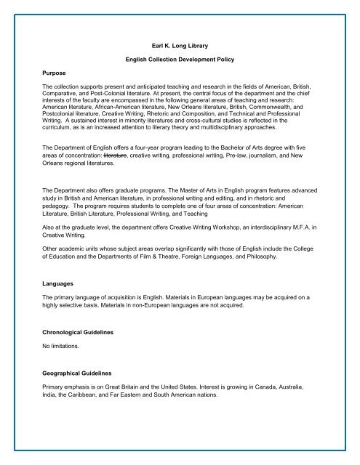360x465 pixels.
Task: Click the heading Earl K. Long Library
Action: pyautogui.click(x=180, y=46)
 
